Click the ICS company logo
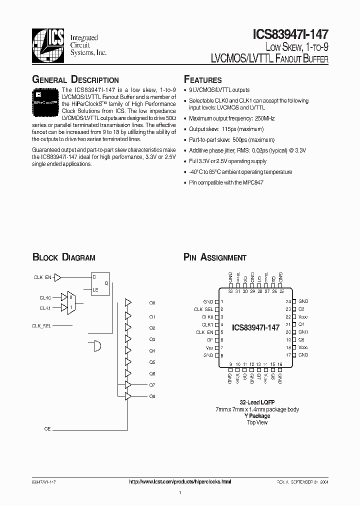point(48,42)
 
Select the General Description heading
point(75,80)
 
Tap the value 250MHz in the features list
point(264,118)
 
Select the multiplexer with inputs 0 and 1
point(71,302)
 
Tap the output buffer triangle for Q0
point(128,303)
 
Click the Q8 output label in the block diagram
point(152,396)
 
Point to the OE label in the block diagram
point(47,429)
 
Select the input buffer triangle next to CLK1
point(63,308)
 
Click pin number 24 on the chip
point(288,301)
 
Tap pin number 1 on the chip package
point(221,301)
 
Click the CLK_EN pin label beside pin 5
point(204,332)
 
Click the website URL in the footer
point(180,481)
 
